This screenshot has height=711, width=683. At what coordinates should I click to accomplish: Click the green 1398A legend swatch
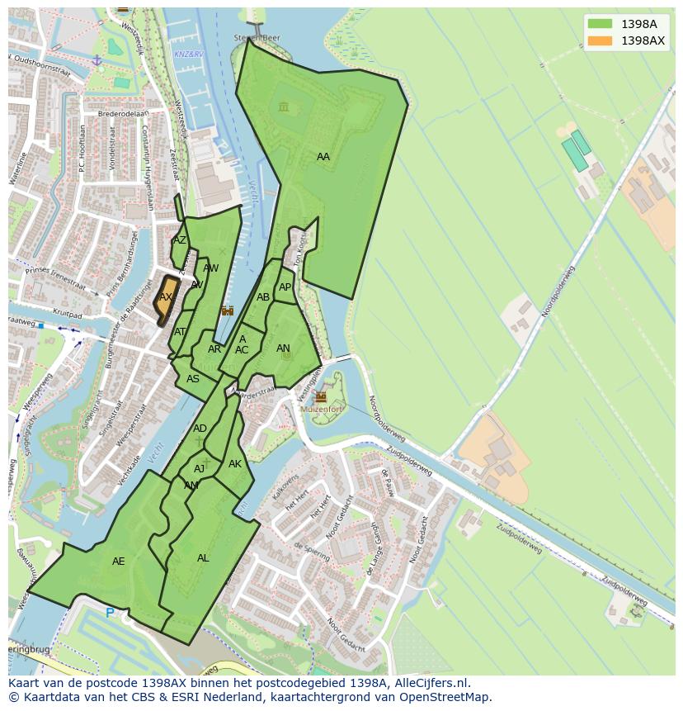point(601,24)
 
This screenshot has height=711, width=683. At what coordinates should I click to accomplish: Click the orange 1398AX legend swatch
point(601,40)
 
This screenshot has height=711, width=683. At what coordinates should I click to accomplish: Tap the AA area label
point(323,157)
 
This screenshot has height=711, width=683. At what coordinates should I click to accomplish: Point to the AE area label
point(119,562)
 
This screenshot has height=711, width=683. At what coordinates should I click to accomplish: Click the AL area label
point(203,558)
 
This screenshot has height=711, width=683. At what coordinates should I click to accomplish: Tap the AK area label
point(235,464)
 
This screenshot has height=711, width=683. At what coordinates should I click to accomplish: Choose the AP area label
point(285,287)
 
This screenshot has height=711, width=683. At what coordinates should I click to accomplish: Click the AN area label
point(283,348)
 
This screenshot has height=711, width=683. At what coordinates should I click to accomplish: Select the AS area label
point(193,379)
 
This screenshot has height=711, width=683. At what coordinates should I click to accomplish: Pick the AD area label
point(200,429)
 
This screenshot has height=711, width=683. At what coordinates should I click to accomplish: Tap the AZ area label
point(180,240)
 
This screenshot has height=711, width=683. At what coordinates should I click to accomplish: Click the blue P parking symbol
point(110,613)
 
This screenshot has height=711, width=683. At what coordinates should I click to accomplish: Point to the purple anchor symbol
point(97,61)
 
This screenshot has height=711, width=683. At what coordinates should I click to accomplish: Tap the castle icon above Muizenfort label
point(320,396)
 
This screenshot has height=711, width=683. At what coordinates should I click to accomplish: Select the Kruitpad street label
point(70,315)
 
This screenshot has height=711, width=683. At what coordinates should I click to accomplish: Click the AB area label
point(263,297)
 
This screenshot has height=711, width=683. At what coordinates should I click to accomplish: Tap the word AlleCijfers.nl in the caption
point(431,683)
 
